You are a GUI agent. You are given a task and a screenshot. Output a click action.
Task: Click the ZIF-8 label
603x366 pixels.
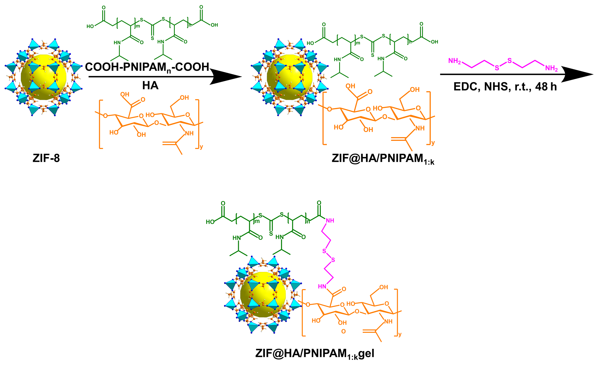pos(46,158)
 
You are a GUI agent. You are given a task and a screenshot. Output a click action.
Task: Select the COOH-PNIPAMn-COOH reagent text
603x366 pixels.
pos(147,67)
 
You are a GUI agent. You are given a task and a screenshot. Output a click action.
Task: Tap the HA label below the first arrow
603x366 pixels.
pos(150,86)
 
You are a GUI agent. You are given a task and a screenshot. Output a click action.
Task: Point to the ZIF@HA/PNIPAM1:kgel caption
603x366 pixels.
pos(314,353)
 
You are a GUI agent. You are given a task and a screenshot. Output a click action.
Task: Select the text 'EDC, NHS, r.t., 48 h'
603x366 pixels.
pos(505,87)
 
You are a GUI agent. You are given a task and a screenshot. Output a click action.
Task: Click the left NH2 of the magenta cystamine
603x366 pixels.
pos(454,61)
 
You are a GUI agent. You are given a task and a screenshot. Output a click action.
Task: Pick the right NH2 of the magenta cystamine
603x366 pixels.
pos(551,68)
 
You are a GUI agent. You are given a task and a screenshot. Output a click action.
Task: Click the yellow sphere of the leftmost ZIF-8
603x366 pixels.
pos(44,77)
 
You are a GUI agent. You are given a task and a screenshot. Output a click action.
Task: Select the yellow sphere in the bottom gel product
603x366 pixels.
pos(263,294)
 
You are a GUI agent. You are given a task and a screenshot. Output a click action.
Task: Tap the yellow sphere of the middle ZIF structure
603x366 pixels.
pos(289,77)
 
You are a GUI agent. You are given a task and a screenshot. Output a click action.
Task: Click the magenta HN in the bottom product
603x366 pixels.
pos(322,286)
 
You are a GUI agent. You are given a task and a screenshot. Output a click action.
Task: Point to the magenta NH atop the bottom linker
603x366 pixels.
pos(330,221)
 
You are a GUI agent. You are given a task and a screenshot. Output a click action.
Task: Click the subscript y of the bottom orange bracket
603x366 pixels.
pos(400,334)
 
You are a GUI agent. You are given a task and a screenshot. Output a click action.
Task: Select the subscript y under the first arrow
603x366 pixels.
pos(201,147)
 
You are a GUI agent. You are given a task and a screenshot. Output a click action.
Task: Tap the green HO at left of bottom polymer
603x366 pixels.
pos(210,222)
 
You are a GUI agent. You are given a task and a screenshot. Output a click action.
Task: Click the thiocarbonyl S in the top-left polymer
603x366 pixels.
pos(153,38)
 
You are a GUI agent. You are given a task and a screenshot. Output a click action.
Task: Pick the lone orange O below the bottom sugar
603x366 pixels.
pos(343,332)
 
